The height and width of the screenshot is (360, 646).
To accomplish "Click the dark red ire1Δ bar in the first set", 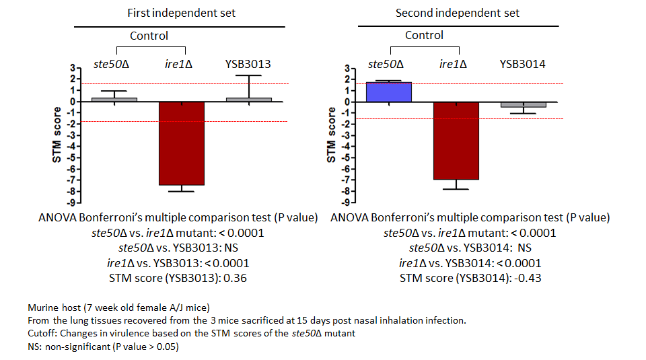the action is [x=182, y=143].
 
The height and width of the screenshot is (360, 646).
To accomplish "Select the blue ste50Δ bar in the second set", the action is [x=388, y=92].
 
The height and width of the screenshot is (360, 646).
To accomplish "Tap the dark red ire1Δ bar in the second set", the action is [x=456, y=141].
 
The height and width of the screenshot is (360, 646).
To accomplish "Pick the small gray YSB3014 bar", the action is [x=524, y=104].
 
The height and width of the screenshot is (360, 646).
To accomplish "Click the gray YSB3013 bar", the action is [x=249, y=100].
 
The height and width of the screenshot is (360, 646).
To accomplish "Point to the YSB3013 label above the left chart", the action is [x=248, y=64].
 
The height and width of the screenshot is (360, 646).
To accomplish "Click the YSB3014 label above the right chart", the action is [x=522, y=64].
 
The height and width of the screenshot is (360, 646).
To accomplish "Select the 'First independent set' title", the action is [x=181, y=13].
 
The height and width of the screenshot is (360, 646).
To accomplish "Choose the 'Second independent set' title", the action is [x=458, y=13].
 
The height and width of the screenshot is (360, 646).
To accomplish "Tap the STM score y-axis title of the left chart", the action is [x=57, y=135].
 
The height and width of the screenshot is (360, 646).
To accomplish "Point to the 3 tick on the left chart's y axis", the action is [x=73, y=67].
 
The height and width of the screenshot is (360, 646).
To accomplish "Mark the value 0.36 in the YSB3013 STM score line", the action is [x=235, y=279].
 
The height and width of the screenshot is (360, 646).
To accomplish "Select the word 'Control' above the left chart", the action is [x=149, y=36].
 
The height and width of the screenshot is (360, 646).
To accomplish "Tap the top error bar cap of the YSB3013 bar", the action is [x=249, y=75].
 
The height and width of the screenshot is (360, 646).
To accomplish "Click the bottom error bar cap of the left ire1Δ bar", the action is [x=182, y=192].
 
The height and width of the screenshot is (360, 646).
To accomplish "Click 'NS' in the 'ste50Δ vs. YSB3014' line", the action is [x=524, y=248].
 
